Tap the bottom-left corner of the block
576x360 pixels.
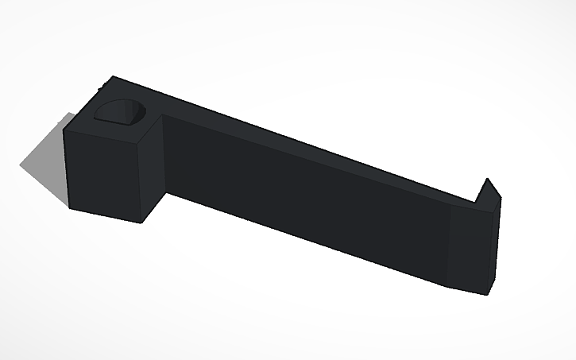(x=70, y=209)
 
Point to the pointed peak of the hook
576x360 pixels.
(x=486, y=179)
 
